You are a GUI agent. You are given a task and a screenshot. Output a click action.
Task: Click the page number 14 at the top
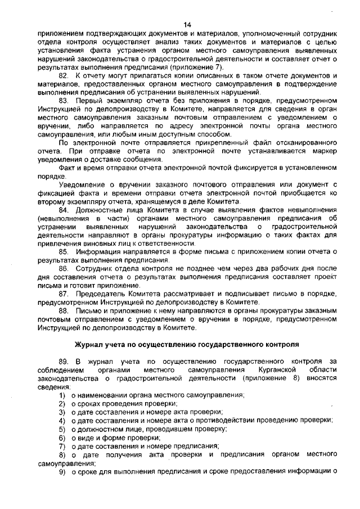click(x=188, y=24)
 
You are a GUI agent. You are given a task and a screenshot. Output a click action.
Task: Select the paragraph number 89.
click(x=65, y=361)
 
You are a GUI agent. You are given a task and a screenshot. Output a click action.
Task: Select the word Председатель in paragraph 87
click(x=97, y=294)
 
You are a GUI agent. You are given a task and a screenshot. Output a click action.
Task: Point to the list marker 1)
click(x=62, y=395)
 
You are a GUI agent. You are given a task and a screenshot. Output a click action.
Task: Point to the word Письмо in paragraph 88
click(x=88, y=310)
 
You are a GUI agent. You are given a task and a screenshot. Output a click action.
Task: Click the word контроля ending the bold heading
click(x=282, y=343)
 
